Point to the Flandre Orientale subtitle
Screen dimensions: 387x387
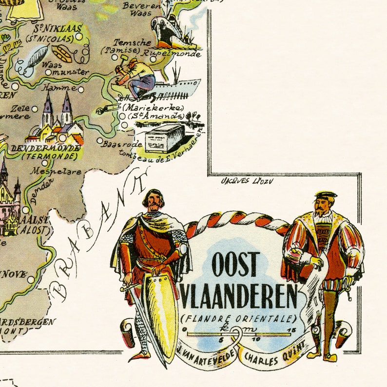[239, 319]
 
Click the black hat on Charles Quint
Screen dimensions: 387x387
[325, 194]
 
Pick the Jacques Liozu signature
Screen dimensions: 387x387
[247, 181]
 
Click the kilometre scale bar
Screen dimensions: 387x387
[239, 334]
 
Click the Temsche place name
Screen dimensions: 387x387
[132, 43]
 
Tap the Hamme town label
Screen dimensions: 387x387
[59, 88]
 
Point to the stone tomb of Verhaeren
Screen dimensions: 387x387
[165, 137]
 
